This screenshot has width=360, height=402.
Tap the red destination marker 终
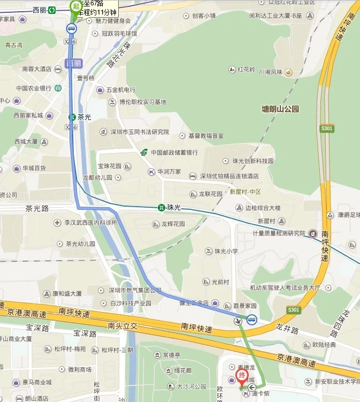241,375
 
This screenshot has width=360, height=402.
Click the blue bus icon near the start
71,28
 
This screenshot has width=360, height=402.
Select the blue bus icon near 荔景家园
251,320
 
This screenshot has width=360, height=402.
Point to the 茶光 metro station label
85,116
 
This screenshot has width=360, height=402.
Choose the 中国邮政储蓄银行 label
173,153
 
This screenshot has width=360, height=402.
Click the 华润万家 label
168,172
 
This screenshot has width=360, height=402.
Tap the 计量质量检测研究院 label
278,233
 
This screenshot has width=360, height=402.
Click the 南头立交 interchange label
122,325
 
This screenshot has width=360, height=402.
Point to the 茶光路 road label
37,209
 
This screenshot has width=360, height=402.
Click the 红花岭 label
248,70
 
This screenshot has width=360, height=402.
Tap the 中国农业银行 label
33,88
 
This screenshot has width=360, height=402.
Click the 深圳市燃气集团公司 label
135,290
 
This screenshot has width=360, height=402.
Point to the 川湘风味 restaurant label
271,72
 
